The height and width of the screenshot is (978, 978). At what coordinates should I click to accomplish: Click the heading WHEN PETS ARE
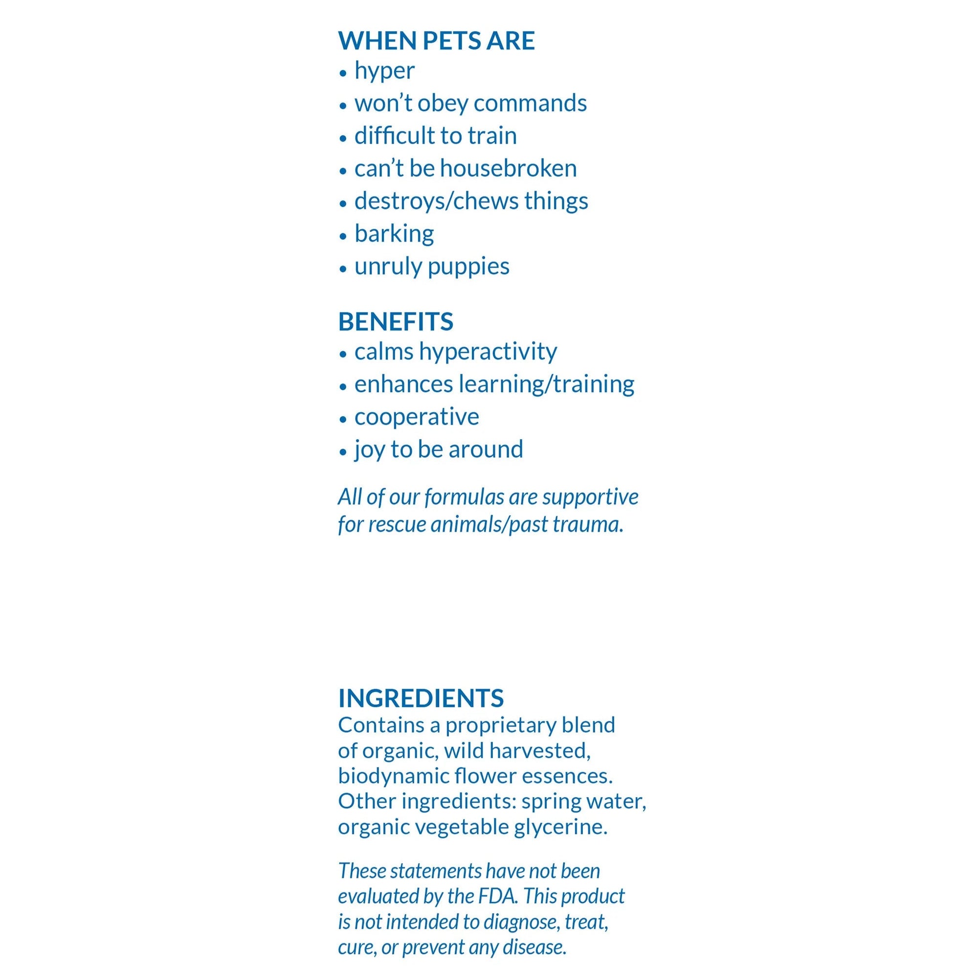coord(436,41)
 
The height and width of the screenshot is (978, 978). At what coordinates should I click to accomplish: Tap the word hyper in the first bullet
coord(384,71)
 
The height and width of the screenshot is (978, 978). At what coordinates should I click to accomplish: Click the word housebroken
coord(508,169)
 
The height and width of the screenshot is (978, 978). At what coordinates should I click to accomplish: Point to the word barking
coord(394,234)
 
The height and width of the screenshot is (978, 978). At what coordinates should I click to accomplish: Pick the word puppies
coord(468,267)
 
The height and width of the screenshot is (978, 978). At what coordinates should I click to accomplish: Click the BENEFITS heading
coord(395,321)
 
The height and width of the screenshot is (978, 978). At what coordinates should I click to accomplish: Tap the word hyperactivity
coord(488,352)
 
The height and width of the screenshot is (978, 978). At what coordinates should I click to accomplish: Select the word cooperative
coord(416,417)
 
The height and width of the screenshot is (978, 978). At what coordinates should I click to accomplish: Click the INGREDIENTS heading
coord(421,698)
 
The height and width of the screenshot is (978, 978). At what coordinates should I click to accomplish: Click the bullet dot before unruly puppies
coord(343,268)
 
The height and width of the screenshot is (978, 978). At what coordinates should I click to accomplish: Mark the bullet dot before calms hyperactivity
coord(343,354)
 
